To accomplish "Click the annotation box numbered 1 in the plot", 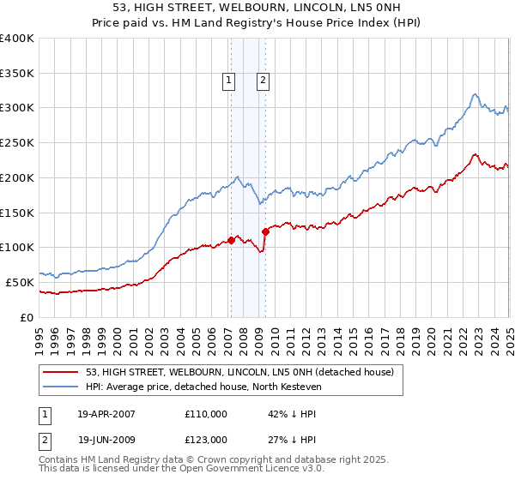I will pyautogui.click(x=229, y=81).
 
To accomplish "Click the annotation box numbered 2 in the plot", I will pyautogui.click(x=262, y=81).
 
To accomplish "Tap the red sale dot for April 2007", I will pyautogui.click(x=231, y=240).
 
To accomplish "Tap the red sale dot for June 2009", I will pyautogui.click(x=265, y=231).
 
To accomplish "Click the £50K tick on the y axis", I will pyautogui.click(x=19, y=282).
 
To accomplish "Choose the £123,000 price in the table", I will pyautogui.click(x=206, y=439).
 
